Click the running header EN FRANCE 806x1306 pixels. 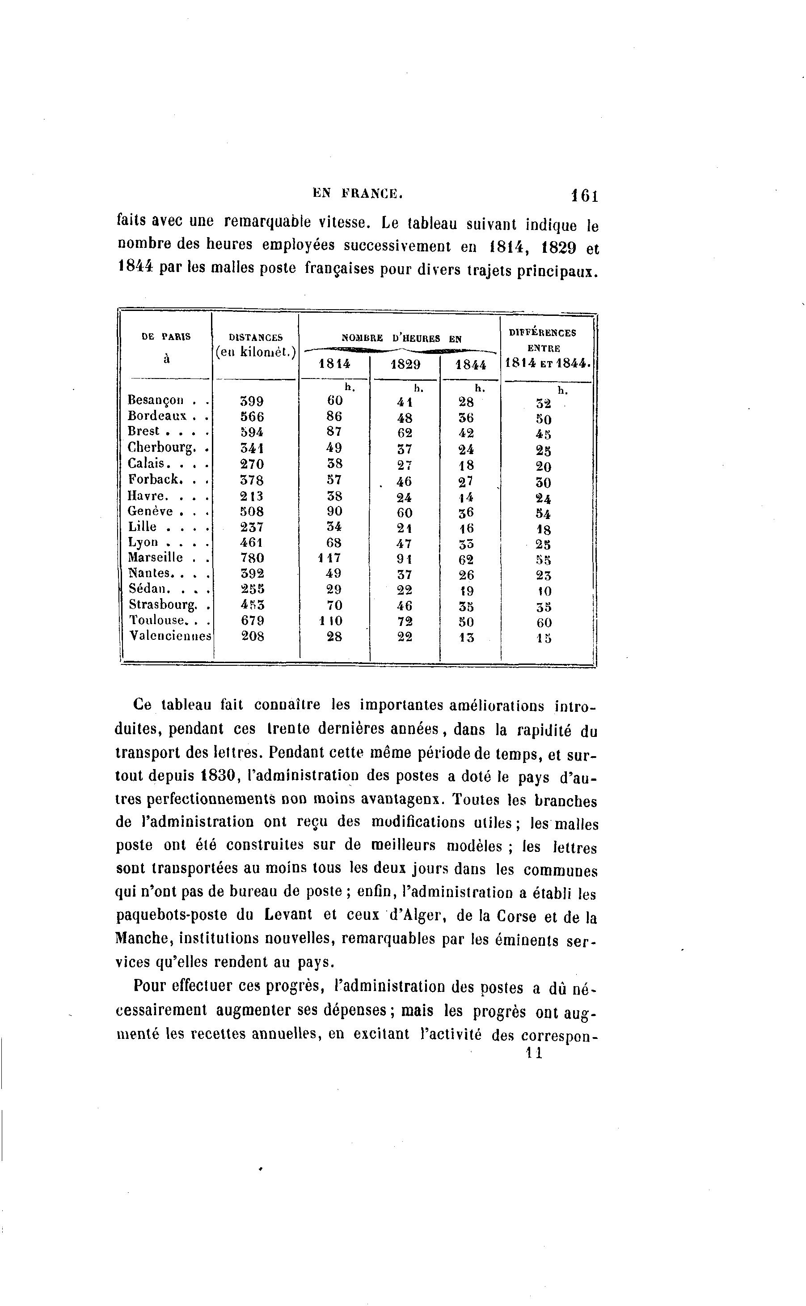point(357,194)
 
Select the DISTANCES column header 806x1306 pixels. point(255,337)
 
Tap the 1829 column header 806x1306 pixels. point(405,365)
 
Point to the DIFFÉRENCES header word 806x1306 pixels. point(543,332)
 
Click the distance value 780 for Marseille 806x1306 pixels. point(252,558)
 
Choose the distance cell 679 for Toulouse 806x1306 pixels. point(252,621)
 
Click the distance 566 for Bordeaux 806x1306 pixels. point(252,416)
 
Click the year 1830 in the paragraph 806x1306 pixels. point(219,776)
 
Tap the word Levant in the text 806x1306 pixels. point(288,915)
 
